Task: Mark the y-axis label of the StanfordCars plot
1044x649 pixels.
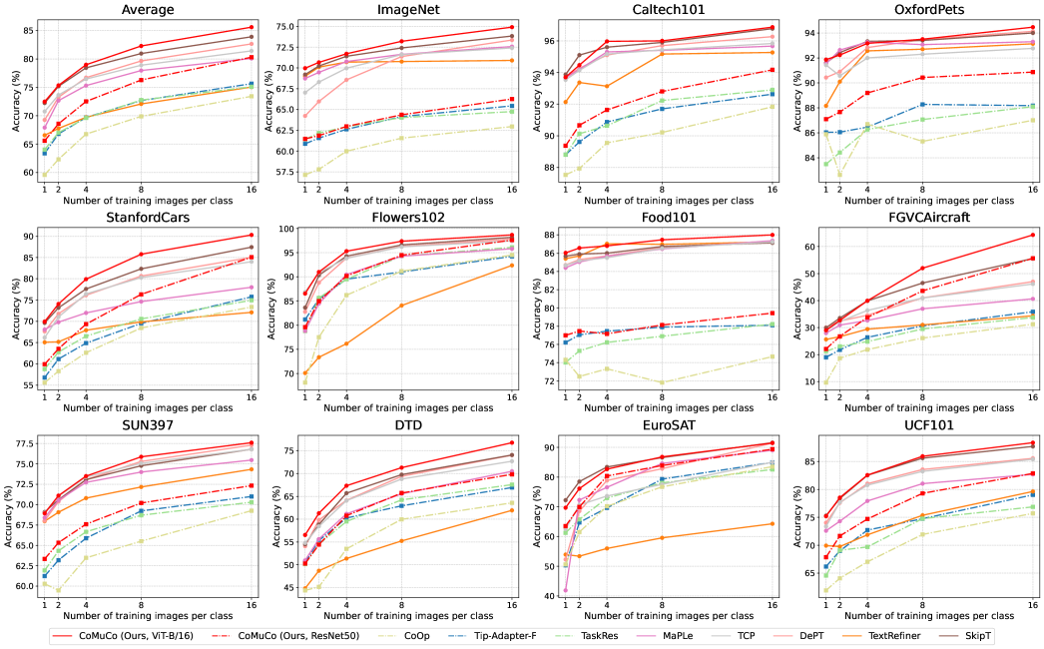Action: (x=9, y=309)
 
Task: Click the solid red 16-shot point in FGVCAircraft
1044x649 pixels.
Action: (x=1033, y=235)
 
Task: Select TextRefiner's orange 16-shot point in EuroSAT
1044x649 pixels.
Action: (x=773, y=523)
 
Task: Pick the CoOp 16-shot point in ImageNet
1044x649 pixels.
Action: (x=512, y=126)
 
